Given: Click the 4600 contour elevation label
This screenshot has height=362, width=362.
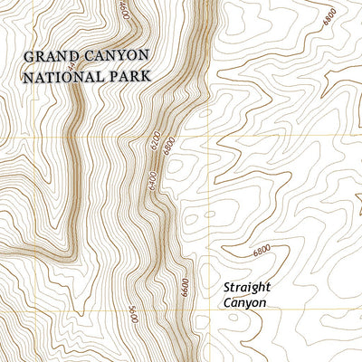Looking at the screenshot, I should [124, 12].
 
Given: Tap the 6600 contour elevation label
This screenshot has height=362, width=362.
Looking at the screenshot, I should [185, 289].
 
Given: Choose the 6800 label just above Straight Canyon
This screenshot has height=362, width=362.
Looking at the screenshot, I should [263, 250].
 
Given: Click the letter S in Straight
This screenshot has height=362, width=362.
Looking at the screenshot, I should [226, 289].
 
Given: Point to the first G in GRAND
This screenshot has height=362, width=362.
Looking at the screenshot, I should [29, 56].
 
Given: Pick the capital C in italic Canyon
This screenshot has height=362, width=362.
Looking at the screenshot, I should [226, 303].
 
